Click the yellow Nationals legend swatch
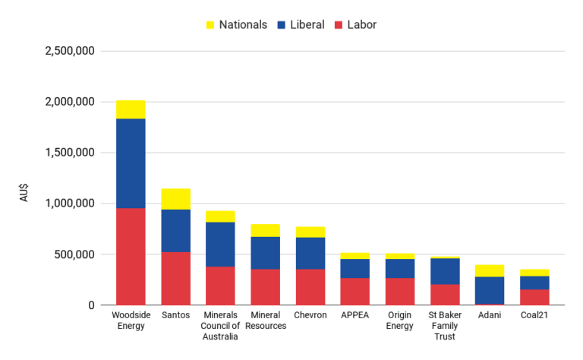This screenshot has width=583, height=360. pos(210,25)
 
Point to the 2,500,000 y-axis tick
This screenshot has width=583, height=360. pos(69,51)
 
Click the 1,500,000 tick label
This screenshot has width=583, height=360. pos(69,153)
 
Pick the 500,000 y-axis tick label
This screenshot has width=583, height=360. pos(74,254)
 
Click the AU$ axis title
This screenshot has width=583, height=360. pos(25,190)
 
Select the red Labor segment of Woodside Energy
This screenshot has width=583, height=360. pos(131,257)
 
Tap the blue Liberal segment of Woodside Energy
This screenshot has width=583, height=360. pos(131,163)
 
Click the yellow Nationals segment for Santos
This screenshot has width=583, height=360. pos(175,199)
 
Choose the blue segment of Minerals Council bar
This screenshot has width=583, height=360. pos(220,245)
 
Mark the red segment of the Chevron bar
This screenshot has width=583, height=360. pos(310,287)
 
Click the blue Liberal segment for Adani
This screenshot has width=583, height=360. pos(490,290)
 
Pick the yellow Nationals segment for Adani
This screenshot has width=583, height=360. pos(490,271)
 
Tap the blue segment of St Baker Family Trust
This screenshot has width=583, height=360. pos(445,271)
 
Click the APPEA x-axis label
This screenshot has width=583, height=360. pos(355,315)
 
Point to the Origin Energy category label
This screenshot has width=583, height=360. pos(399,321)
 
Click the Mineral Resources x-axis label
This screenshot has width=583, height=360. pos(265,321)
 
